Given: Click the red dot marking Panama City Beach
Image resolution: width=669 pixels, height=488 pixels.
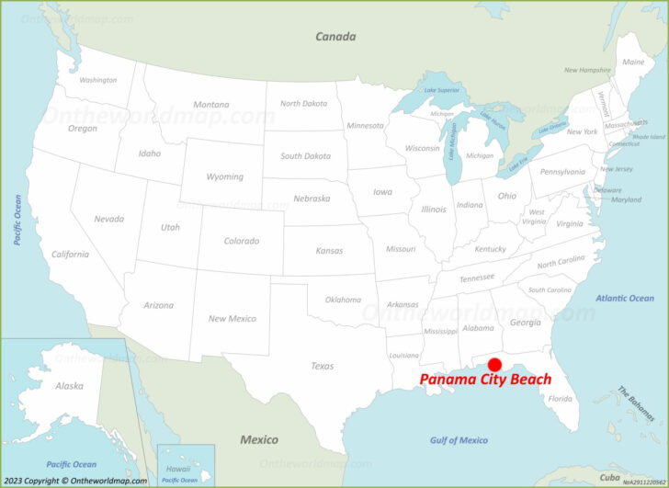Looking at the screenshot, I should pyautogui.click(x=494, y=365).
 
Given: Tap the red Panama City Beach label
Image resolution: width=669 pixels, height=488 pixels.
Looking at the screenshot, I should pyautogui.click(x=485, y=380).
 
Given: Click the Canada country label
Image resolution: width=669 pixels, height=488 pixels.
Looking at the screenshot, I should pyautogui.click(x=335, y=37).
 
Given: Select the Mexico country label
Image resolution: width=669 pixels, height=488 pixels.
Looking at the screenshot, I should pyautogui.click(x=259, y=439).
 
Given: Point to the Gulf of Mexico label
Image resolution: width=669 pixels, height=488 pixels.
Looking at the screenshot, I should pyautogui.click(x=459, y=440).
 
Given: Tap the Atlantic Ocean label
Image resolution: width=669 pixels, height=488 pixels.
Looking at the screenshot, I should pyautogui.click(x=625, y=298).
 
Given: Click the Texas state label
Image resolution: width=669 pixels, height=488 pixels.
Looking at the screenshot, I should pyautogui.click(x=322, y=366).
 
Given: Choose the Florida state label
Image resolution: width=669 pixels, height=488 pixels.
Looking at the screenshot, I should pyautogui.click(x=560, y=399).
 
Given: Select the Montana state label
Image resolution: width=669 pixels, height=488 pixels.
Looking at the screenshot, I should pyautogui.click(x=210, y=105).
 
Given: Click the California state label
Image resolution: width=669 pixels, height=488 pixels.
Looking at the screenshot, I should pyautogui.click(x=70, y=255).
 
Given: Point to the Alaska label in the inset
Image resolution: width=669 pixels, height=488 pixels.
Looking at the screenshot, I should pyautogui.click(x=69, y=386).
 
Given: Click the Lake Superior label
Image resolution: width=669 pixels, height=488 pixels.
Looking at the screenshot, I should pyautogui.click(x=436, y=90).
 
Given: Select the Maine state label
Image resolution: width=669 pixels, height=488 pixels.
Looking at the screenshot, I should pyautogui.click(x=633, y=62).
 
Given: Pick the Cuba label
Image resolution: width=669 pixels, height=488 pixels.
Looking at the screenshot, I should pyautogui.click(x=609, y=477).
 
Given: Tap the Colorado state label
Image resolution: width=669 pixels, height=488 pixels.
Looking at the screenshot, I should pyautogui.click(x=242, y=241).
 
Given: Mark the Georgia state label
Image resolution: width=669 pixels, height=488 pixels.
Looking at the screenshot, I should pyautogui.click(x=525, y=323).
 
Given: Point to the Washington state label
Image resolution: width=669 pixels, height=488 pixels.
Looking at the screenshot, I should pyautogui.click(x=97, y=80).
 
